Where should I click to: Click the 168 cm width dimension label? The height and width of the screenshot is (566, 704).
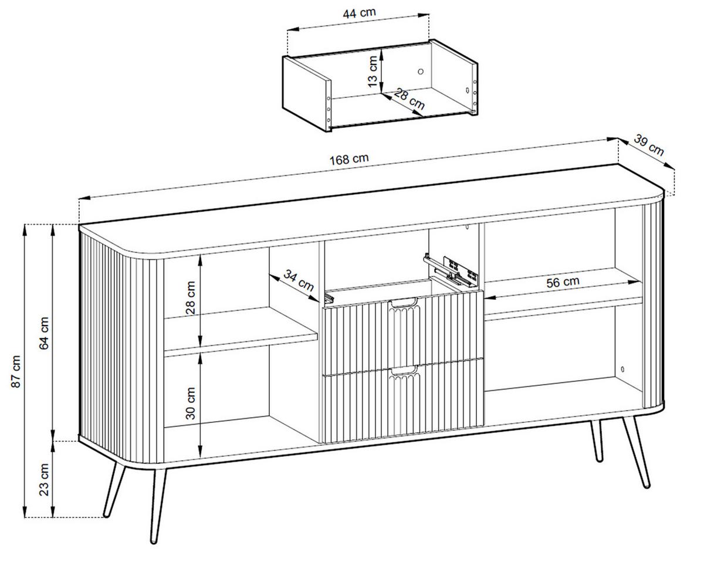coord(349,160)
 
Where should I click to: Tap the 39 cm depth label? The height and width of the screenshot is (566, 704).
coord(649,145)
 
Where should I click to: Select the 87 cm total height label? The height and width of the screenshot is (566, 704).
coord(16,371)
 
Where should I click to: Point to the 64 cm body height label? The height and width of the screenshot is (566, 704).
coord(44,333)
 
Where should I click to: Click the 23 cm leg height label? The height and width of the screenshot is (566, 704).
coord(44,480)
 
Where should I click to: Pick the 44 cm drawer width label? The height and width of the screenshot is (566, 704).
coord(359,13)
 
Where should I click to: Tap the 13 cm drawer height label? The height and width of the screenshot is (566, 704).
coord(373,72)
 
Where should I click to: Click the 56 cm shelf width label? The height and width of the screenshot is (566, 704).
coord(563,282)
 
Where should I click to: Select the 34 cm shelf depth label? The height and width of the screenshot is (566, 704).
coord(299,280)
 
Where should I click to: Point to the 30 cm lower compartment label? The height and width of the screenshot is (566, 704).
coord(191,404)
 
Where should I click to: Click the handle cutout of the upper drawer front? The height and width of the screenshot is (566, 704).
coord(404,303)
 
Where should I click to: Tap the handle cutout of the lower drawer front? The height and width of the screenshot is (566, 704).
coord(404,371)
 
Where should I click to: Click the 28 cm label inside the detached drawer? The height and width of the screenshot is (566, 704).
coord(409,99)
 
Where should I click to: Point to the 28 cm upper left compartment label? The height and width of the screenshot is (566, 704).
coord(191,298)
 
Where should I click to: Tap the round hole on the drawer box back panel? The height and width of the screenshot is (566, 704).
coord(421,72)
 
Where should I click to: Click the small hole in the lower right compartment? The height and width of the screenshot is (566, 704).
coord(622,369)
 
